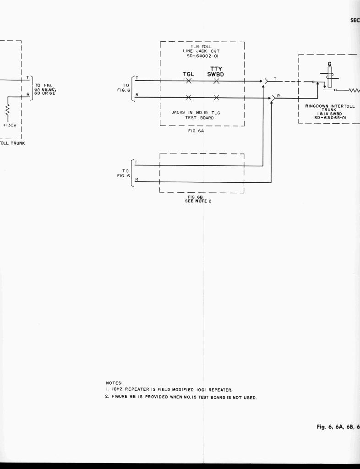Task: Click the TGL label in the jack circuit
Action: [x=189, y=74]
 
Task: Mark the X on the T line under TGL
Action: [x=189, y=81]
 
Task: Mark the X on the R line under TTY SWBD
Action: [x=216, y=98]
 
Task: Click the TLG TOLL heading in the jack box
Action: [x=202, y=46]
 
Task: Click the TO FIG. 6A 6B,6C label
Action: [x=45, y=88]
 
